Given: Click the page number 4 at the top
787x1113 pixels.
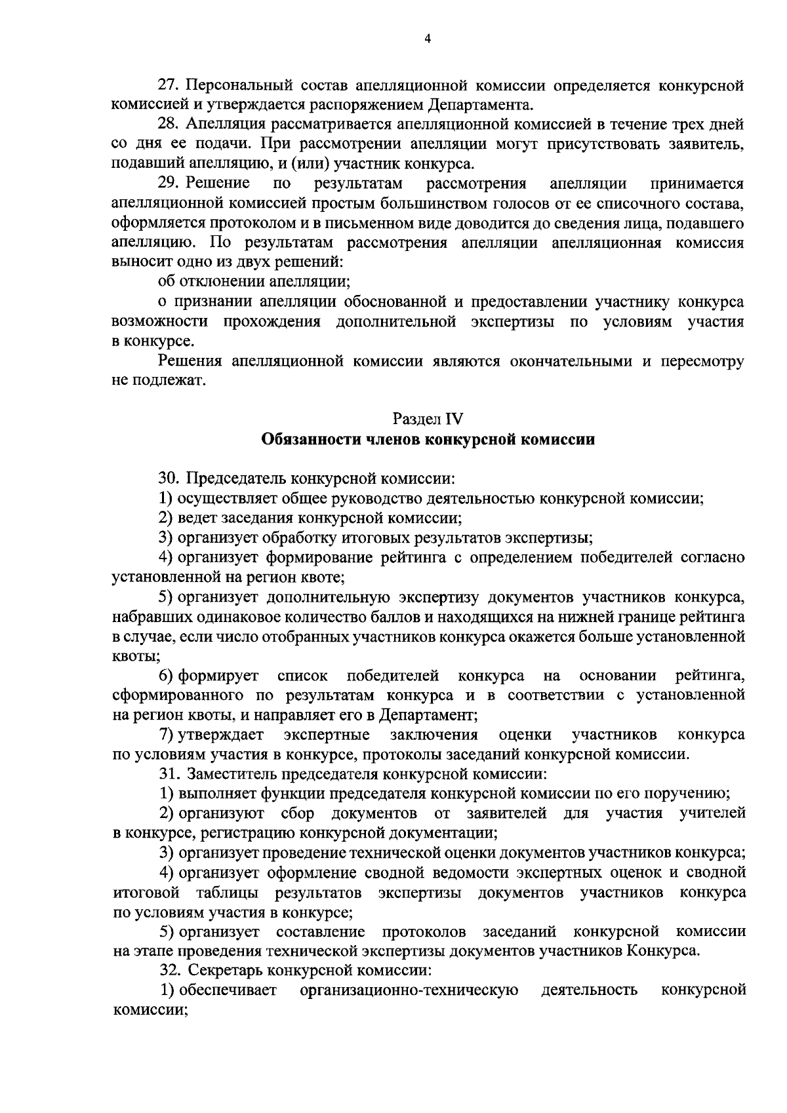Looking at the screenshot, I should pos(427,39).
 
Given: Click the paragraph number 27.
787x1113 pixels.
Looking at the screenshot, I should pos(170,85).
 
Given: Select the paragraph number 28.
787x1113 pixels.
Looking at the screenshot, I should pos(170,125).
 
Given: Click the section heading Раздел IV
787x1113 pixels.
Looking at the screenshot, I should pos(428,418).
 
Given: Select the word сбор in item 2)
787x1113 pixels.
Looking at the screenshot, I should pos(297,813).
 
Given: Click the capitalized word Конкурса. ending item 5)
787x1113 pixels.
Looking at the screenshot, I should pos(663,951).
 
